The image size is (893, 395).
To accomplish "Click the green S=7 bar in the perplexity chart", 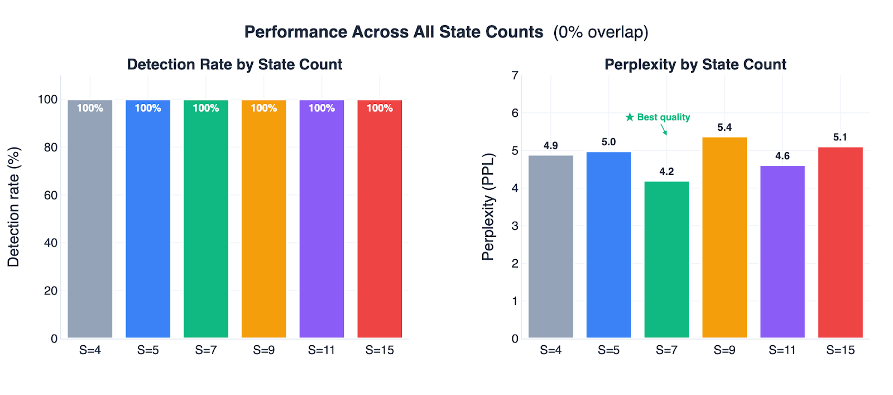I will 666,260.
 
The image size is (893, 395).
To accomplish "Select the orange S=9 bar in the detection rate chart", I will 263,223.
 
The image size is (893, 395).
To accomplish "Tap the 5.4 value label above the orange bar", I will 724,127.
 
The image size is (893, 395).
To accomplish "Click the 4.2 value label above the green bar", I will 666,172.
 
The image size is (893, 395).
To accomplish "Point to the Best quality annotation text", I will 663,117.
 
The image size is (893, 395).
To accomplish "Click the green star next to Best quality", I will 630,117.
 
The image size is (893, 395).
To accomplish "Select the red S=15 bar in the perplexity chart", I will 840,243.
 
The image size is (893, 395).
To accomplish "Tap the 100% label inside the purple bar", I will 321,108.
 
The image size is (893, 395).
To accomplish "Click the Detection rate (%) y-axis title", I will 13,207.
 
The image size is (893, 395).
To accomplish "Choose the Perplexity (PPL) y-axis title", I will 488,207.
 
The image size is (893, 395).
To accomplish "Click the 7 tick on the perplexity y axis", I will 515,75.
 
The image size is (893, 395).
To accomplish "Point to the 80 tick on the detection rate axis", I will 50,147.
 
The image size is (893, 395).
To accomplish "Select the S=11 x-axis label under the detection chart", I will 321,350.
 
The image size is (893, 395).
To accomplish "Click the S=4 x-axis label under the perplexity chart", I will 550,350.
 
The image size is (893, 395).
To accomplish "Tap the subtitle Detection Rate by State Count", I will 234,65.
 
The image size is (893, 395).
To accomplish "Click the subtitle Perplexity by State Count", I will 695,65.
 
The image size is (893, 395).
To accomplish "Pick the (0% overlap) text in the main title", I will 601,32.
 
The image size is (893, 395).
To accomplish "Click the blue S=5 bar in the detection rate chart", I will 148,223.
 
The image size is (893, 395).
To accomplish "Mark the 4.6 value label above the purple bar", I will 782,156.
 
